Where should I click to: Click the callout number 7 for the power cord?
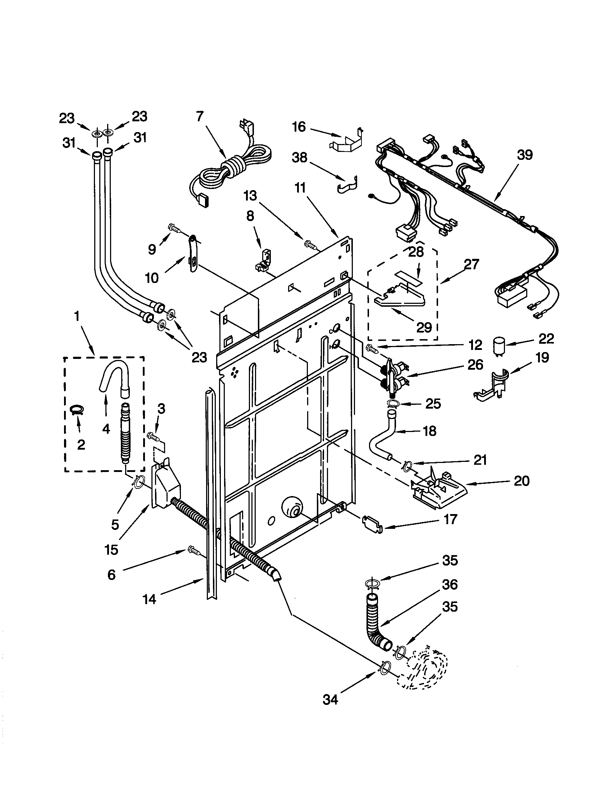click(x=200, y=117)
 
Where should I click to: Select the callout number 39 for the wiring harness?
click(x=524, y=155)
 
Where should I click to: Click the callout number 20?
click(x=522, y=481)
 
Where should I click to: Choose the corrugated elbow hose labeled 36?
click(x=375, y=625)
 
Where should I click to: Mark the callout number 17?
click(x=450, y=519)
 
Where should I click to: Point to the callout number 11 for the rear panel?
click(x=300, y=188)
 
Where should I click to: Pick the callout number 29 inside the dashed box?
click(x=424, y=327)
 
